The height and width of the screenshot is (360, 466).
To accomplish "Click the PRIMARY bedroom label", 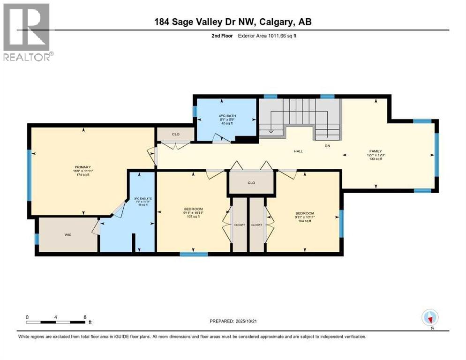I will [x=82, y=167].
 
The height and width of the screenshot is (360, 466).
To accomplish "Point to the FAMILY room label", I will [x=375, y=151].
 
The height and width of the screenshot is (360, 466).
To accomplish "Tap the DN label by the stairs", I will [x=328, y=146].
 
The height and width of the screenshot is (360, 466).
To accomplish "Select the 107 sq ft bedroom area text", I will [x=193, y=217].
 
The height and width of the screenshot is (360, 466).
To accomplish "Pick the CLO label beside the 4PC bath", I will [x=175, y=135].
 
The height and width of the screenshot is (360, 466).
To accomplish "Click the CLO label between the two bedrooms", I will [x=251, y=183].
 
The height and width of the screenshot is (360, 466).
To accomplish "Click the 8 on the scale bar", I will [x=84, y=317].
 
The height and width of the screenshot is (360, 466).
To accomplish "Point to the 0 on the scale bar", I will [x=27, y=317].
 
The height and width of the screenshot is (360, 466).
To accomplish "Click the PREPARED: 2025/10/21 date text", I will [x=238, y=321].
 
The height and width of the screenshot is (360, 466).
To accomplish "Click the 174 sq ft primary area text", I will [x=82, y=175].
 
